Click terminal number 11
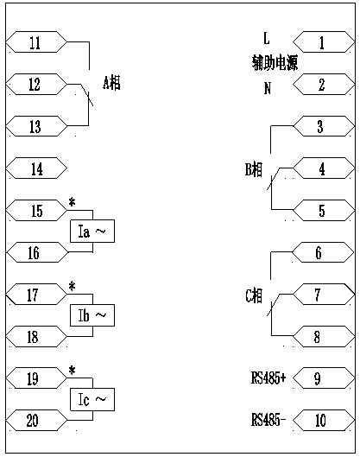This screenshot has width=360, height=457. (36, 42)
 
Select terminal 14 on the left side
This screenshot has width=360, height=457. (36, 168)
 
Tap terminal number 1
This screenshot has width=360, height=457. (324, 42)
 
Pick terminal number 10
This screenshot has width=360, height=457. (324, 420)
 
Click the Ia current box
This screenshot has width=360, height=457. (92, 232)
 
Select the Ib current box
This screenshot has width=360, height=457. (92, 315)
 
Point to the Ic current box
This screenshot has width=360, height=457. (92, 399)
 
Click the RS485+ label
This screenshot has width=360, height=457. (268, 378)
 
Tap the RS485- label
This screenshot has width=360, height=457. (268, 420)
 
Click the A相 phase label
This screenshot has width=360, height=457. (111, 83)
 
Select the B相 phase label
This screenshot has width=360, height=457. (254, 169)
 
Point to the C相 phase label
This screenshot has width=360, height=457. (254, 295)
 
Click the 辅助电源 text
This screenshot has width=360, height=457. (275, 63)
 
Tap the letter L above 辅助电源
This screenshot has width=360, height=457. (267, 38)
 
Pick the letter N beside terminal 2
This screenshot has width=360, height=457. (268, 88)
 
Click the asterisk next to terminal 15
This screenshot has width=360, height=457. (72, 202)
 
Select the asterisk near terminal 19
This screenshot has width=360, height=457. (72, 371)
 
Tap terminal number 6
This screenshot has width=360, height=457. (324, 252)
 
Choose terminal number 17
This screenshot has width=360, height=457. (36, 295)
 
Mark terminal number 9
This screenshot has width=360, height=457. (324, 378)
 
